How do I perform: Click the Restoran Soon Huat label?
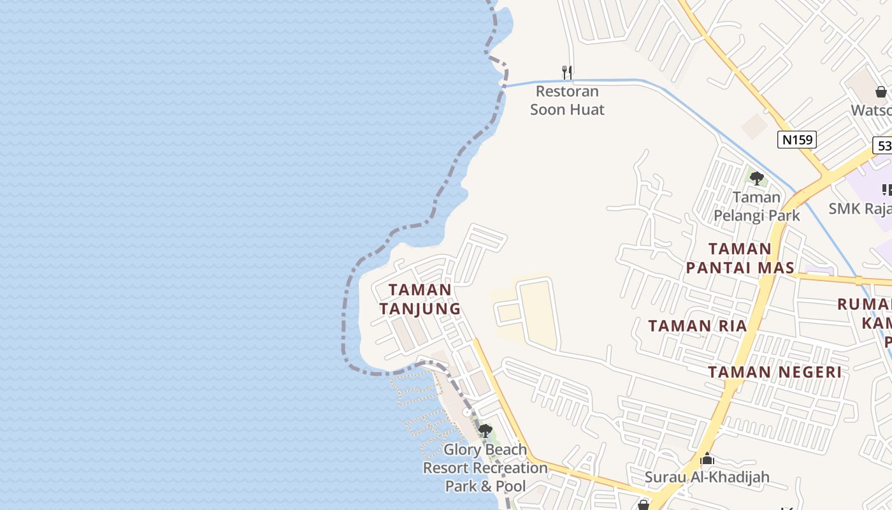[x=567, y=100]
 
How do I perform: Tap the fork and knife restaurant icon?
[x=566, y=72]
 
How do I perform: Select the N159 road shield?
[x=796, y=140]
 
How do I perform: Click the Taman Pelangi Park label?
[x=756, y=206]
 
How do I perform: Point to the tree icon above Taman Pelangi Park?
[x=756, y=178]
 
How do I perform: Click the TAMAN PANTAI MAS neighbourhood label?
[x=740, y=258]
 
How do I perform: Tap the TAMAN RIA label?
[x=697, y=326]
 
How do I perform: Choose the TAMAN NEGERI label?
[x=775, y=372]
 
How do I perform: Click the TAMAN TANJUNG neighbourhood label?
[x=420, y=299]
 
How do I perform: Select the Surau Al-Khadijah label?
[x=707, y=477]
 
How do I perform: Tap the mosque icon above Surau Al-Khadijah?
[x=707, y=459]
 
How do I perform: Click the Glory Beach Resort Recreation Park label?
[x=485, y=468]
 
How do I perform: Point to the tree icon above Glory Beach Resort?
[x=485, y=431]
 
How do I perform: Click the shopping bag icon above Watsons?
[x=881, y=92]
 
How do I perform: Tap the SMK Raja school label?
[x=860, y=208]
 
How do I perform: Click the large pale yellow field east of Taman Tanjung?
[x=538, y=312]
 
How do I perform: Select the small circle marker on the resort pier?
[x=466, y=412]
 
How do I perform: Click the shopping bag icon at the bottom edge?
[x=643, y=505]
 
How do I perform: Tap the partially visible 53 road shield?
[x=884, y=146]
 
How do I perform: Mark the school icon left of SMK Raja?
[x=886, y=189]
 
